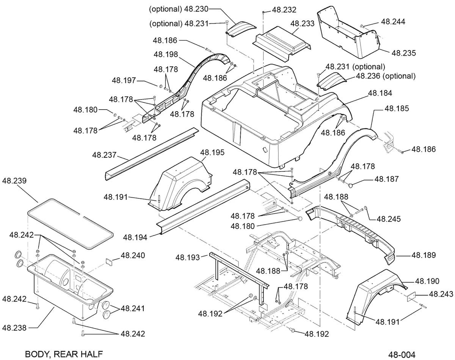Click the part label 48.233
tap(302, 24)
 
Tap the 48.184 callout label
tap(380, 93)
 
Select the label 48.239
tap(14, 181)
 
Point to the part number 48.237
tap(104, 155)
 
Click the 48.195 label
tap(212, 152)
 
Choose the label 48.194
tap(135, 237)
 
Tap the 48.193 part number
tap(188, 258)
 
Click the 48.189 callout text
tap(424, 255)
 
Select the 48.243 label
tap(441, 294)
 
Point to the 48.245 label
tap(389, 219)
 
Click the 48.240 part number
tap(133, 255)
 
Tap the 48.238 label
tap(14, 328)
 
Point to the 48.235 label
tap(403, 53)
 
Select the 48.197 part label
tap(124, 80)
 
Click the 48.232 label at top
tap(284, 10)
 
